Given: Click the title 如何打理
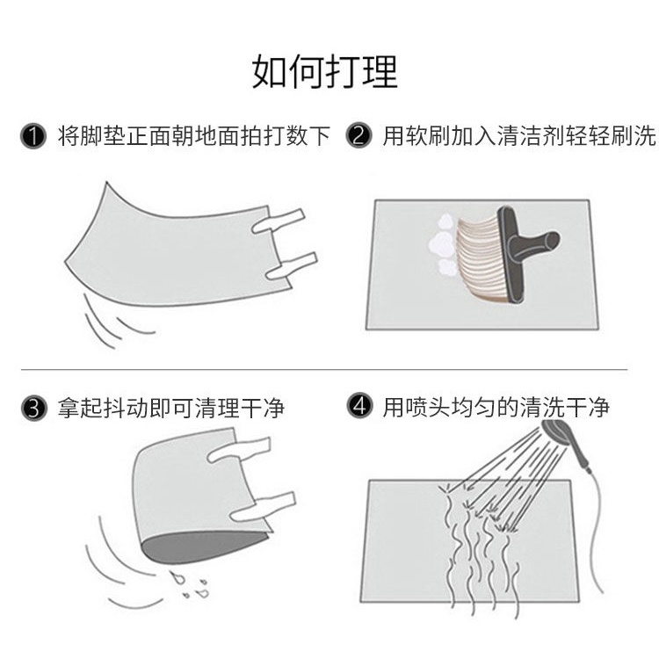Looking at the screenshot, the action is [325, 71].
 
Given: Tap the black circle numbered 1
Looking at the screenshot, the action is [33, 136].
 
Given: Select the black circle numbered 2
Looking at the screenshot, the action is [358, 135].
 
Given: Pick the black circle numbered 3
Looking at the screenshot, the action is [33, 409].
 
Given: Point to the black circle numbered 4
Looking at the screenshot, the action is [359, 406].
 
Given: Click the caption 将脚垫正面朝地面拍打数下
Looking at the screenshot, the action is [194, 135].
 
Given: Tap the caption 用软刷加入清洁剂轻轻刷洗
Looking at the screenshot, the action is [519, 135].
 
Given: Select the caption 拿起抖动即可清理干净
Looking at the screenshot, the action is [171, 408].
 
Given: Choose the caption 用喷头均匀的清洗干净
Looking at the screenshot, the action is [496, 407].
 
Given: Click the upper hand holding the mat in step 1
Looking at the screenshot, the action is [278, 221].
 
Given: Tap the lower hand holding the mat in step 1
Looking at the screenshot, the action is [291, 266].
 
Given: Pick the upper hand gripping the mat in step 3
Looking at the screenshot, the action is [239, 450].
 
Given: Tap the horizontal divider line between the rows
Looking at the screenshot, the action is [324, 370].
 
